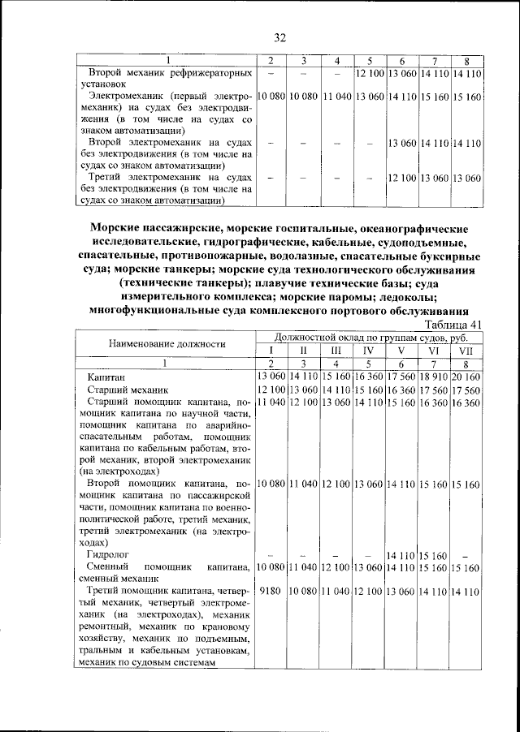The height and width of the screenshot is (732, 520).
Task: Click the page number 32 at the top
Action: click(280, 37)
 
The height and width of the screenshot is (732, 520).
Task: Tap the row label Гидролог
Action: click(109, 555)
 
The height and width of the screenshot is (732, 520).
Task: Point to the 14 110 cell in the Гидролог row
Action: click(401, 555)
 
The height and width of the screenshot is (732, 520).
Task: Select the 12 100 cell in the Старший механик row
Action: click(271, 390)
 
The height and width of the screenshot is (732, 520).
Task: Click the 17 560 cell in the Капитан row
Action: click(401, 377)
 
